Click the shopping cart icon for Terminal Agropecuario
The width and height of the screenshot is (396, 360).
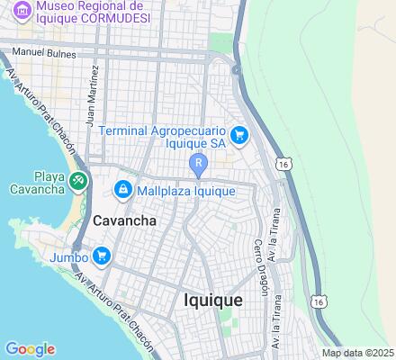click(x=239, y=136)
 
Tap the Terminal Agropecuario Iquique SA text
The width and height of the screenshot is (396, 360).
click(x=162, y=137)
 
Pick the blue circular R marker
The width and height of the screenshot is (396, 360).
click(x=199, y=163)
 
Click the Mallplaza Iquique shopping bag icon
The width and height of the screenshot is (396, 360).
click(x=123, y=190)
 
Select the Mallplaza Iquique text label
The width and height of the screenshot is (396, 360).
click(x=186, y=191)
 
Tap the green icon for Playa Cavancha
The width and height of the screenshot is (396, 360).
click(x=79, y=181)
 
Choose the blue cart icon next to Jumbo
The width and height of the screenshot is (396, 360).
click(x=101, y=256)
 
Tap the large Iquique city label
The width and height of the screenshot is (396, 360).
click(x=212, y=300)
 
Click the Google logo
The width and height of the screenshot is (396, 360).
click(x=30, y=349)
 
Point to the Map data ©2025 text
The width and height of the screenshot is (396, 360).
click(x=358, y=353)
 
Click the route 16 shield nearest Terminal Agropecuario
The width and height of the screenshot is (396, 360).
click(x=283, y=165)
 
